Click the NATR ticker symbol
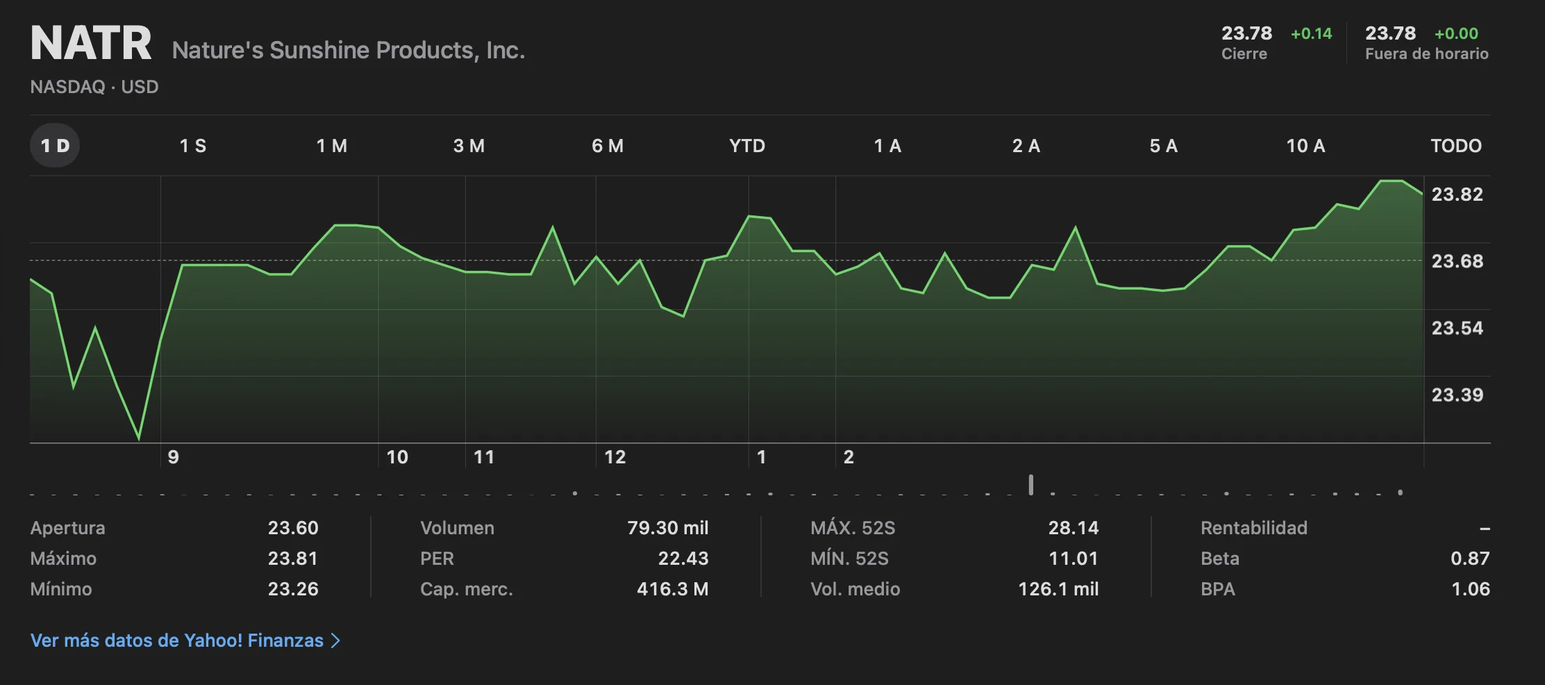click(91, 43)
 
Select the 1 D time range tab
click(55, 146)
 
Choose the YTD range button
click(747, 146)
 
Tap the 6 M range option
click(608, 146)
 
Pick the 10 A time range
click(1305, 146)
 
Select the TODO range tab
click(1456, 146)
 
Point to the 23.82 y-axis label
click(1457, 195)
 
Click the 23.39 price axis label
click(1457, 395)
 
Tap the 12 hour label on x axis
click(615, 457)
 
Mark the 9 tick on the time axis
click(174, 457)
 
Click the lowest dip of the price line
click(139, 438)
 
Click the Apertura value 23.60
click(293, 528)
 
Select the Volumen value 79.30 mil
click(667, 528)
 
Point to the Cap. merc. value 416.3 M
click(672, 589)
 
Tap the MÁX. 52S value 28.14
click(1073, 528)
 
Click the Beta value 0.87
click(1470, 559)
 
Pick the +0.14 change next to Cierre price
click(1311, 34)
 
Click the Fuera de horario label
click(1426, 54)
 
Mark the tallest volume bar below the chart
click(1031, 485)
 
